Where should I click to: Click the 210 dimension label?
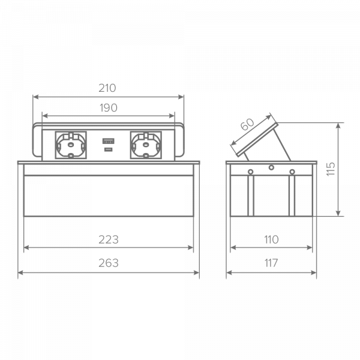pyautogui.click(x=107, y=88)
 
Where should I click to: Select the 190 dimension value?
pyautogui.click(x=109, y=107)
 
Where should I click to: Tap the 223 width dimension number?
pyautogui.click(x=109, y=239)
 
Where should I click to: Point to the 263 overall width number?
pyautogui.click(x=109, y=263)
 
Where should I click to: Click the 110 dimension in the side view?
pyautogui.click(x=271, y=239)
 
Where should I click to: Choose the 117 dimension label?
pyautogui.click(x=271, y=263)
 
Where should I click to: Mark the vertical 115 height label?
pyautogui.click(x=331, y=169)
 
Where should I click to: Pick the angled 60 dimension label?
pyautogui.click(x=247, y=124)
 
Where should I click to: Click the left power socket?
pyautogui.click(x=71, y=145)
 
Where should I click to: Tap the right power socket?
pyautogui.click(x=146, y=145)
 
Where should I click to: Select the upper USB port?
pyautogui.click(x=109, y=141)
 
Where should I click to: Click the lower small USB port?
pyautogui.click(x=109, y=149)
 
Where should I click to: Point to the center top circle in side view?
pyautogui.click(x=271, y=167)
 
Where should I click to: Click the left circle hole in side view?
pyautogui.click(x=250, y=172)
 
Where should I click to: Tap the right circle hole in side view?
pyautogui.click(x=292, y=172)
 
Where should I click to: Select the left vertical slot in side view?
pyautogui.click(x=251, y=196)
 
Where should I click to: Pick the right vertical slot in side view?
pyautogui.click(x=292, y=196)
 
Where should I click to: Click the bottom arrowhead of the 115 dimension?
pyautogui.click(x=338, y=213)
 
